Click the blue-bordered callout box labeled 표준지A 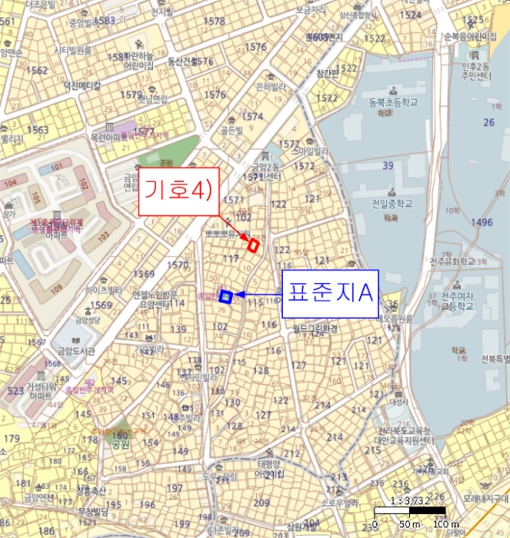point(331,293)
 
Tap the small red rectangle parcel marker point(252,244)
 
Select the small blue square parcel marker point(225,296)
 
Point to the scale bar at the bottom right point(409,511)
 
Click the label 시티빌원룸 point(72,50)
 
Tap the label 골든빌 point(228,131)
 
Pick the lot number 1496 point(482,223)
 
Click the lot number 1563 point(37,130)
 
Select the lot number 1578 point(215,21)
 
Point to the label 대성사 point(398,400)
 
